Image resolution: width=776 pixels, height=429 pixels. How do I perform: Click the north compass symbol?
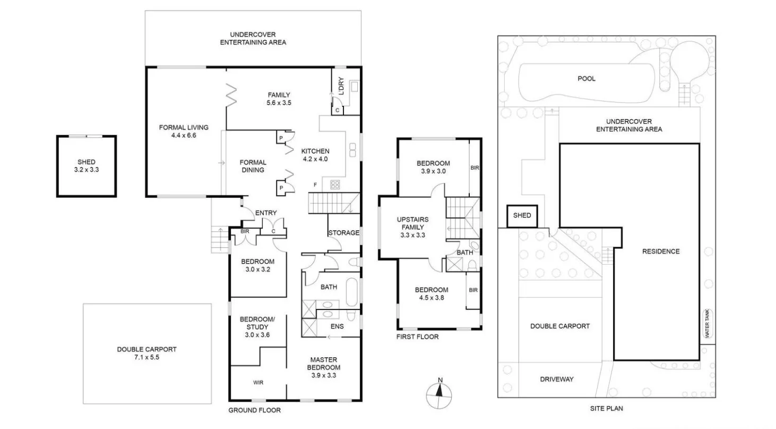pyautogui.click(x=439, y=394)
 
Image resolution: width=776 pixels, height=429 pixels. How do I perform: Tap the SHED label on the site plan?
pyautogui.click(x=522, y=216)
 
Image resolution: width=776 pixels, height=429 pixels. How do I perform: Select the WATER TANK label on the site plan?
pyautogui.click(x=706, y=324)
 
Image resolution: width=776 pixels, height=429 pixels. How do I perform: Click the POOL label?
pyautogui.click(x=587, y=79)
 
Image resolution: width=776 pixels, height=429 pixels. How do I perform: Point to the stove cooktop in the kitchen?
pyautogui.click(x=335, y=185)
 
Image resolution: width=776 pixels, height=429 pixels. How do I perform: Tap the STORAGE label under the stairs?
pyautogui.click(x=344, y=233)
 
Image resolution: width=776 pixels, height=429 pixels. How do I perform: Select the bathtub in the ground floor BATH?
pyautogui.click(x=351, y=289)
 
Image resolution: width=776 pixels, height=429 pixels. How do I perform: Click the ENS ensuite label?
pyautogui.click(x=337, y=326)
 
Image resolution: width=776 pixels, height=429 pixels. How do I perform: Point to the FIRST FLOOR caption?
pyautogui.click(x=418, y=337)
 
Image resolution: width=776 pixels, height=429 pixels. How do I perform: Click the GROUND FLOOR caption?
pyautogui.click(x=254, y=410)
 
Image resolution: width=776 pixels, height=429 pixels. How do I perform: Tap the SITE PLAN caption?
pyautogui.click(x=606, y=409)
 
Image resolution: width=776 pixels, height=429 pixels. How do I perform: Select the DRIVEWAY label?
pyautogui.click(x=557, y=379)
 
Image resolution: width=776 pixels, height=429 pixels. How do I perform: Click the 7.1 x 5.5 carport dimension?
pyautogui.click(x=146, y=358)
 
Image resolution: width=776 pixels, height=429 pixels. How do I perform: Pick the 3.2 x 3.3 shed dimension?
pyautogui.click(x=87, y=170)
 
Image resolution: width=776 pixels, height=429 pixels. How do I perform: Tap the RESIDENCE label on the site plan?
pyautogui.click(x=660, y=251)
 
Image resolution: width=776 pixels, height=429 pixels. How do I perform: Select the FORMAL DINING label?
pyautogui.click(x=253, y=166)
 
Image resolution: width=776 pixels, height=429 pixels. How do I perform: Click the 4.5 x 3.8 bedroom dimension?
pyautogui.click(x=432, y=298)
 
